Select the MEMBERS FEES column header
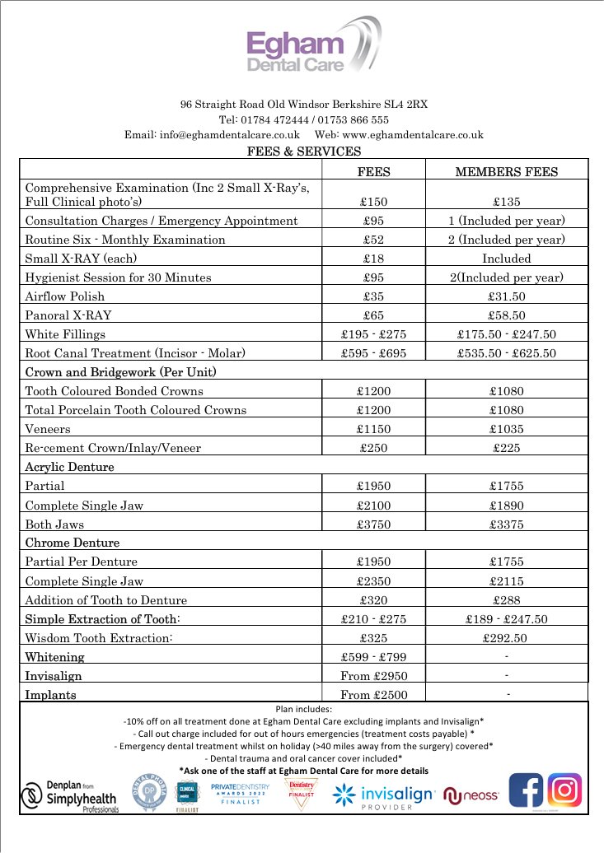(x=506, y=172)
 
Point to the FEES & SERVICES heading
(x=304, y=151)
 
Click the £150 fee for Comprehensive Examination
(x=375, y=201)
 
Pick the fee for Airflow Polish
(x=375, y=296)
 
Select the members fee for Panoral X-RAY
(x=506, y=315)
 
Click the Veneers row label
(x=48, y=429)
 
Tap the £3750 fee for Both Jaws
(x=375, y=524)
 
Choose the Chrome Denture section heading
(x=73, y=543)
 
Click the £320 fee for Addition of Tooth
(x=375, y=600)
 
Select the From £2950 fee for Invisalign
(x=375, y=676)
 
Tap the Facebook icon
(x=525, y=791)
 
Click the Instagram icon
(x=564, y=791)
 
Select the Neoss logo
(x=471, y=796)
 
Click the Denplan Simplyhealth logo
(x=69, y=796)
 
